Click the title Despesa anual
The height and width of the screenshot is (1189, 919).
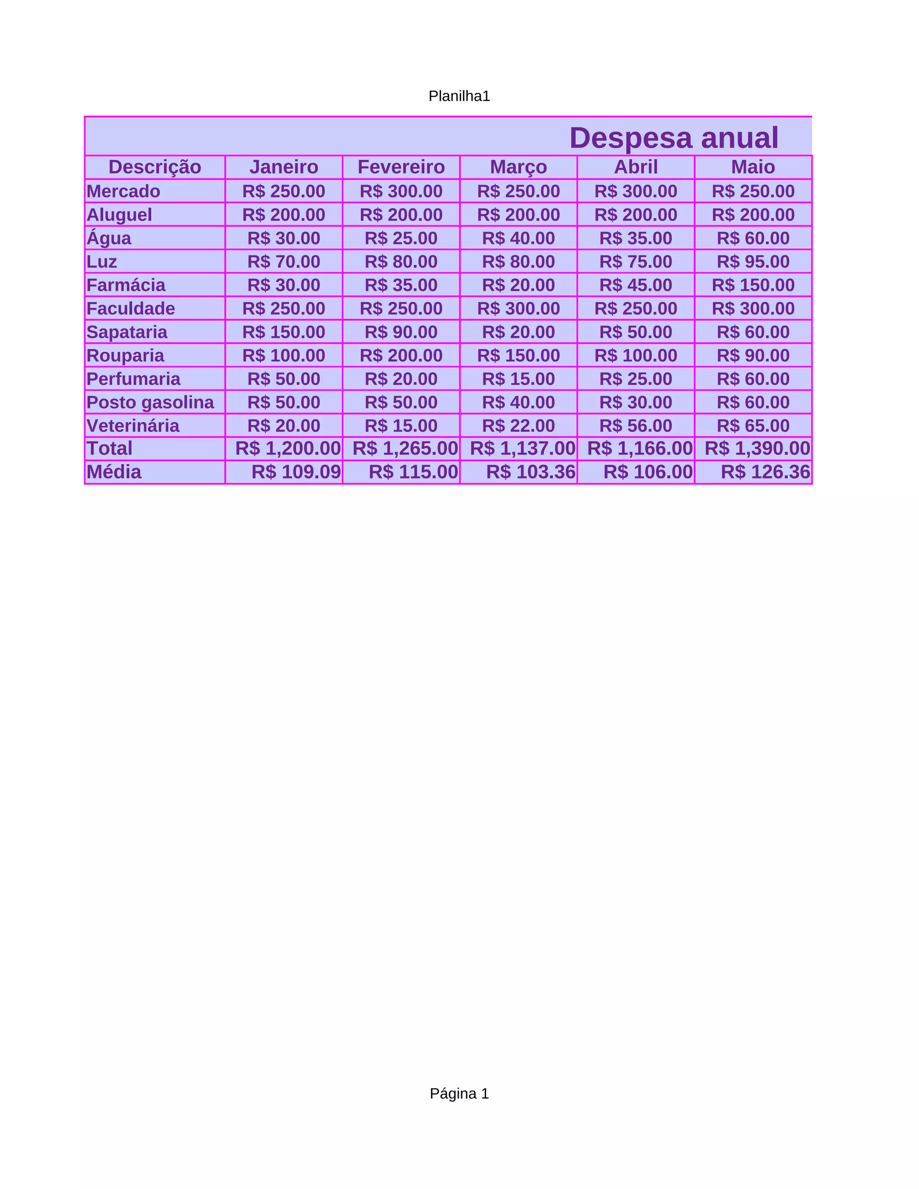tap(674, 138)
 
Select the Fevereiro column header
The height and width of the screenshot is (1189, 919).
tap(401, 166)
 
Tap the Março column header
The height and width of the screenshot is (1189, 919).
tap(518, 166)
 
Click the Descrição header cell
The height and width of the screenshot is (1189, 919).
tap(155, 166)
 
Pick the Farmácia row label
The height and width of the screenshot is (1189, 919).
tap(126, 285)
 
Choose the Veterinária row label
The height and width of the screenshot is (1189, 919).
tap(133, 425)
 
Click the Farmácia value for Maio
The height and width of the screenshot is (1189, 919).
tap(753, 285)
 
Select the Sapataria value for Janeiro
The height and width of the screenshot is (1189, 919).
tap(284, 332)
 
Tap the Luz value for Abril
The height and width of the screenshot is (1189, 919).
tap(635, 261)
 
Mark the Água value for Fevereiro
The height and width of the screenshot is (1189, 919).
tap(401, 238)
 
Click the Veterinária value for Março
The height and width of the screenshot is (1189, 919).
tap(518, 425)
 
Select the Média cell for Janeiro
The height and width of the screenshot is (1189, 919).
tap(296, 472)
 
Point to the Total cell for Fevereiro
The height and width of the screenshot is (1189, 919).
tap(405, 448)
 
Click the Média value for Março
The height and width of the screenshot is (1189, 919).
tap(531, 472)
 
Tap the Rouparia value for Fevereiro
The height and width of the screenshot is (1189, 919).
tap(401, 355)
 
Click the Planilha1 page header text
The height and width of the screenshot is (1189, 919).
tap(459, 96)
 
